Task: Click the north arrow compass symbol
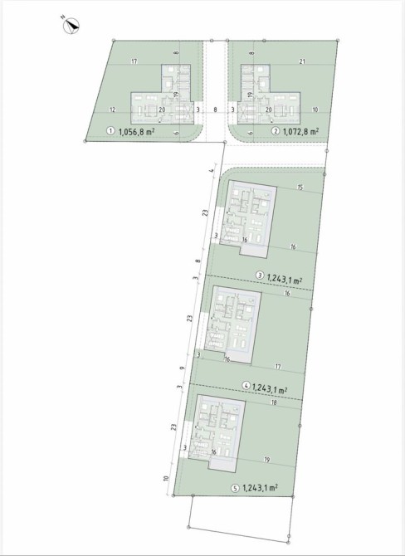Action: point(71,26)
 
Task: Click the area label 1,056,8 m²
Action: point(138,132)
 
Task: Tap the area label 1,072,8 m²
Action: point(300,131)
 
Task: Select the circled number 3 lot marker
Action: point(260,276)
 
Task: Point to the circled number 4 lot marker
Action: point(246,386)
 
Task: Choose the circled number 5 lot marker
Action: point(236,488)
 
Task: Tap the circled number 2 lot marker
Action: point(276,131)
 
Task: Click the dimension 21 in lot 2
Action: point(302,61)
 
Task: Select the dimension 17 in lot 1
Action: point(134,61)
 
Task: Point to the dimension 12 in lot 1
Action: point(112,110)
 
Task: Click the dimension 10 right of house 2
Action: point(315,110)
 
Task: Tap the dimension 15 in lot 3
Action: point(300,188)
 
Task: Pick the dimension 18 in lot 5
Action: point(283,402)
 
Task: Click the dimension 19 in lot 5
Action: point(267,460)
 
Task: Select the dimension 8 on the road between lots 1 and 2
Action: point(215,110)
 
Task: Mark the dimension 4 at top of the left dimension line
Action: point(212,171)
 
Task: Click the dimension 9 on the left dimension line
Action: point(183,368)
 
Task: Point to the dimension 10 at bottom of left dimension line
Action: point(165,478)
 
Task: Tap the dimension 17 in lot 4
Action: point(278,367)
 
